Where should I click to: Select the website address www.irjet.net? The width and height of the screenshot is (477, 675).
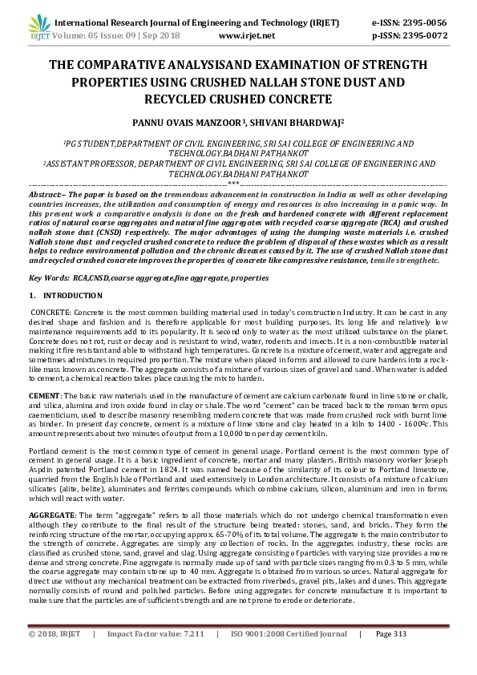coord(246,36)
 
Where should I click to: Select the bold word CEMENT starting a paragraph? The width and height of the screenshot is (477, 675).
coord(44,396)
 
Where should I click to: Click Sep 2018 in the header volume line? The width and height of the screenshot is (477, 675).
coord(163,36)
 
